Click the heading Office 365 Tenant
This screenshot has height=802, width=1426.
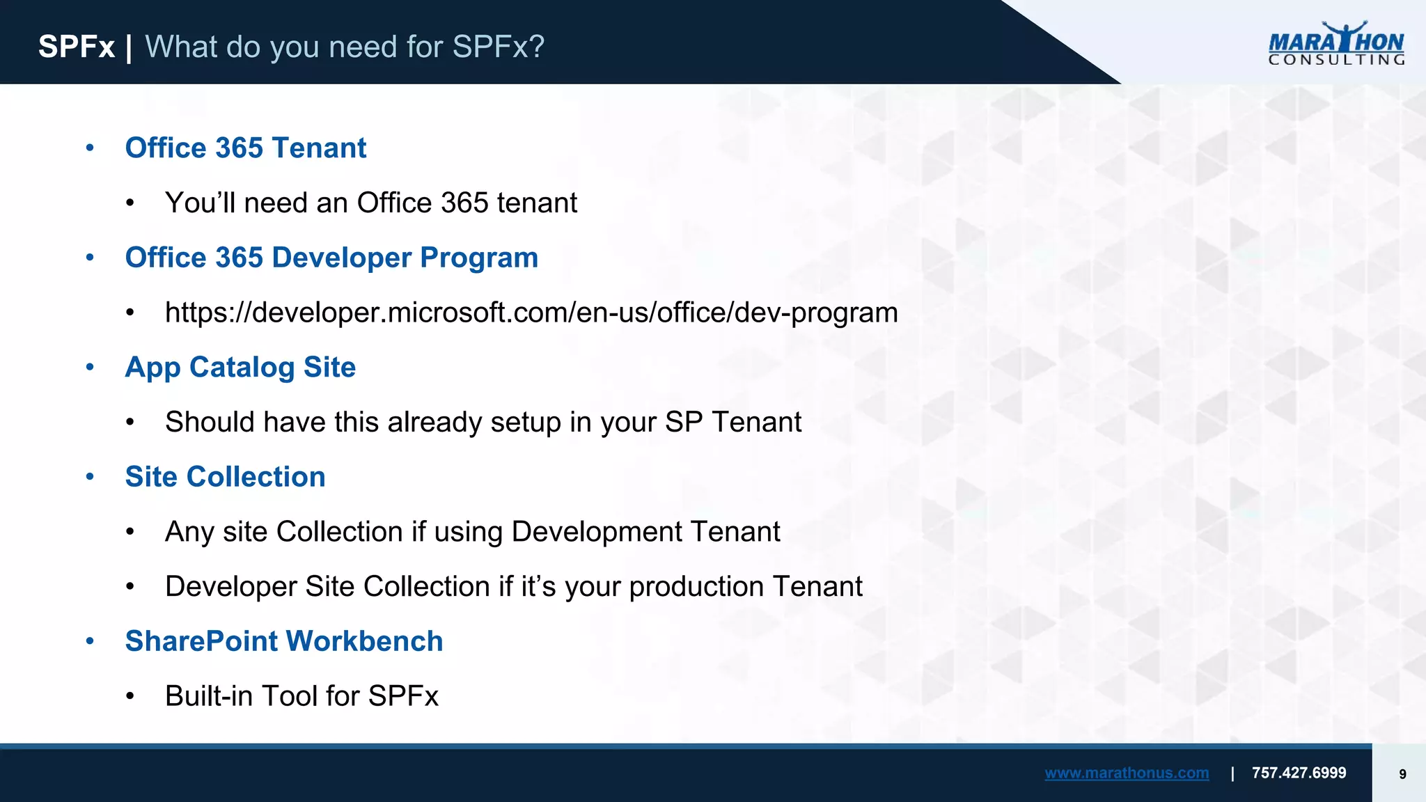click(245, 148)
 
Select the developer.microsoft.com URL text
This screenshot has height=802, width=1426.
click(531, 313)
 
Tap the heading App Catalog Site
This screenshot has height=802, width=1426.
click(240, 367)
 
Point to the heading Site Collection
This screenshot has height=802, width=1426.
click(225, 477)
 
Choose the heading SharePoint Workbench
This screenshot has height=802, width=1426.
click(283, 641)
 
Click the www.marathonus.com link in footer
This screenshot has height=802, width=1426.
click(1126, 773)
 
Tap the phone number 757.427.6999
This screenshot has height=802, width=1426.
click(1299, 773)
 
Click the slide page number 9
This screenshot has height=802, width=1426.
click(1402, 774)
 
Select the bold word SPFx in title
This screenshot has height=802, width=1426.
click(76, 47)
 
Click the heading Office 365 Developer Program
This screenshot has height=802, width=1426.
click(331, 258)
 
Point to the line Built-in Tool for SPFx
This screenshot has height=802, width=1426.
click(301, 696)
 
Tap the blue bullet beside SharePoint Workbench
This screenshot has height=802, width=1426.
click(90, 641)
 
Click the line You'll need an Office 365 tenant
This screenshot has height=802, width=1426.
click(370, 203)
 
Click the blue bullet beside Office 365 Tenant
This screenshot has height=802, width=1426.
click(90, 148)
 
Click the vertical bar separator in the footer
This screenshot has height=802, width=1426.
click(1232, 773)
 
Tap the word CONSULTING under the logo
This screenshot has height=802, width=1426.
click(1335, 61)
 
